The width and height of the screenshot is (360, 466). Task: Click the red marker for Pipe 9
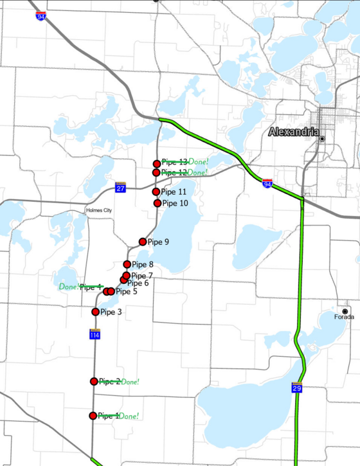(143, 242)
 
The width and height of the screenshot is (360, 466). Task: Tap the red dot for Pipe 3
(96, 312)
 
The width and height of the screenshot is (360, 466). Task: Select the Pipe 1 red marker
(93, 416)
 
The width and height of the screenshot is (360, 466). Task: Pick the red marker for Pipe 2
(94, 381)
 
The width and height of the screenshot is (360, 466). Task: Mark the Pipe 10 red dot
(157, 203)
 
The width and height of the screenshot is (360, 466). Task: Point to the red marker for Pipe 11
(156, 192)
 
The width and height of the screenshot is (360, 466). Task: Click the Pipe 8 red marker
(127, 264)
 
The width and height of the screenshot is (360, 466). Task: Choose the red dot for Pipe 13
(157, 164)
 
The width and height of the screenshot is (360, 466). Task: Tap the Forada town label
(344, 317)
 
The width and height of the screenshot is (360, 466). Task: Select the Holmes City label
(99, 210)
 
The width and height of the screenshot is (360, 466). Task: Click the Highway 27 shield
(120, 187)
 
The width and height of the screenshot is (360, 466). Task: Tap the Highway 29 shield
(296, 388)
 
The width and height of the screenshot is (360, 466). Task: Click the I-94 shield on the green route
(267, 184)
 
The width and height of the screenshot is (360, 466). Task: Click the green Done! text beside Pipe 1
(129, 416)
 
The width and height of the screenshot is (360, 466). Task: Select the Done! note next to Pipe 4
(69, 287)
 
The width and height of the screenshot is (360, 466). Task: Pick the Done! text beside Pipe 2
(130, 382)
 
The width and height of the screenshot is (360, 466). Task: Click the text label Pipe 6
(138, 283)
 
